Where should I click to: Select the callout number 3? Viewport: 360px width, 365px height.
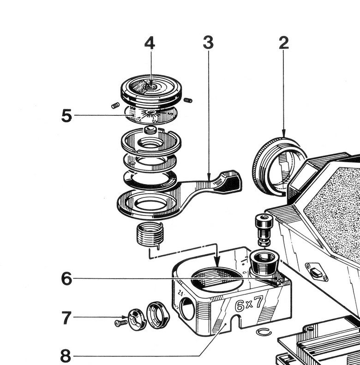click(208, 43)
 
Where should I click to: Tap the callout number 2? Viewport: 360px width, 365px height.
click(283, 43)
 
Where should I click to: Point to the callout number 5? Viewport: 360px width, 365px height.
click(67, 116)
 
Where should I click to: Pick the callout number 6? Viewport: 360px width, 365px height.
click(67, 279)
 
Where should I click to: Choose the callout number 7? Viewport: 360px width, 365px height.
click(67, 317)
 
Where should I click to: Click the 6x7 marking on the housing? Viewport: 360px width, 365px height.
click(249, 305)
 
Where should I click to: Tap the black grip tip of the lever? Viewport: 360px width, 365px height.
click(231, 181)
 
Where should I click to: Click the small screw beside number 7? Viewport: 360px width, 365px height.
click(120, 323)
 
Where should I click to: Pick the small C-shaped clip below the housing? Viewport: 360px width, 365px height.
click(264, 332)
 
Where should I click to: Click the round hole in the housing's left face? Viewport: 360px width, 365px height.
click(187, 309)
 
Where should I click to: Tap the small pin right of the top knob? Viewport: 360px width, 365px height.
click(187, 100)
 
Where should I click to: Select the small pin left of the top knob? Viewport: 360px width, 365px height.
click(116, 106)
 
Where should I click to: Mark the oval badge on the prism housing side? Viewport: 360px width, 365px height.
click(317, 272)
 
